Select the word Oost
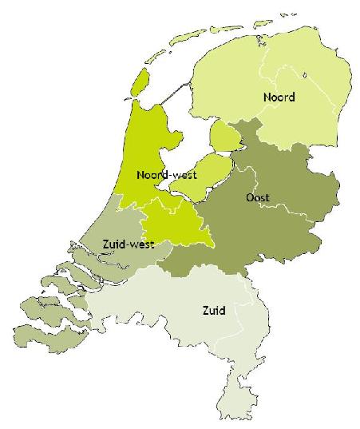[258, 197]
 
